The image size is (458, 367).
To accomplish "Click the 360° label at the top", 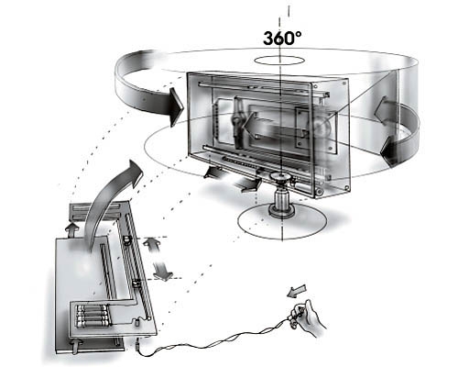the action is [x=282, y=39].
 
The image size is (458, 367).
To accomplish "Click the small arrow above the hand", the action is [x=297, y=291].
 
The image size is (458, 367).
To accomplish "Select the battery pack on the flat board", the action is [x=93, y=316].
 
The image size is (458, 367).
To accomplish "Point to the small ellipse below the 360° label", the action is [x=279, y=61].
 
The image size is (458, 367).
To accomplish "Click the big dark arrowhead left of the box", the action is [x=176, y=107].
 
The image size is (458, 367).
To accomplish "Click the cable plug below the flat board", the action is [x=137, y=347].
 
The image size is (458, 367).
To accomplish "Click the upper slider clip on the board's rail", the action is [x=126, y=239].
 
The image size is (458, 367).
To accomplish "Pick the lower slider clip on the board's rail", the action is [x=136, y=283].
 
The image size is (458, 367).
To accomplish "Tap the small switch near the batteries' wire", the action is [x=136, y=321].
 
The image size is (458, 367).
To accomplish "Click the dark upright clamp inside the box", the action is [x=237, y=122].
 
